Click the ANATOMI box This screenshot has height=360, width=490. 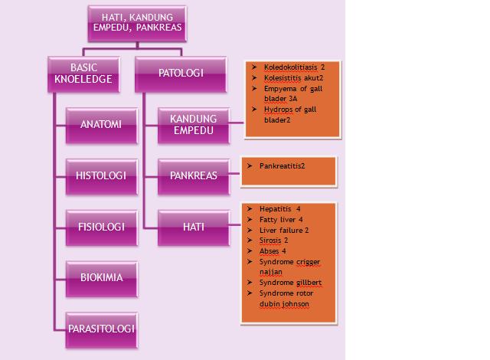101,124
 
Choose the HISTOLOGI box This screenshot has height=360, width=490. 101,175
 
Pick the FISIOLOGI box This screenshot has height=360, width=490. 101,227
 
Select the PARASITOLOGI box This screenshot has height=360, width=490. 101,329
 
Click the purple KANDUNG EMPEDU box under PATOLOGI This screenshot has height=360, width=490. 193,124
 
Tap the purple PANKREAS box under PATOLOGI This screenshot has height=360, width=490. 193,175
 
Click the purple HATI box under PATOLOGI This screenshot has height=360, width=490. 193,227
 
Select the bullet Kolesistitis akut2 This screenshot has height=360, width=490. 293,78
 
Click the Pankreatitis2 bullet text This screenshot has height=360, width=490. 283,165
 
